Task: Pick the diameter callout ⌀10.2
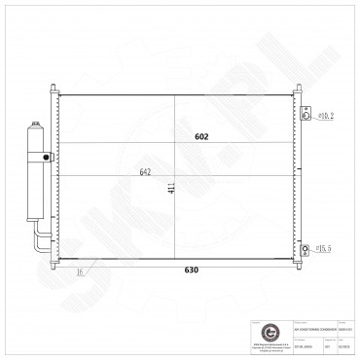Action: click(x=327, y=117)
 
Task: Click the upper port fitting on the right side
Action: click(x=306, y=116)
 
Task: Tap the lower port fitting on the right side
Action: click(x=306, y=250)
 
